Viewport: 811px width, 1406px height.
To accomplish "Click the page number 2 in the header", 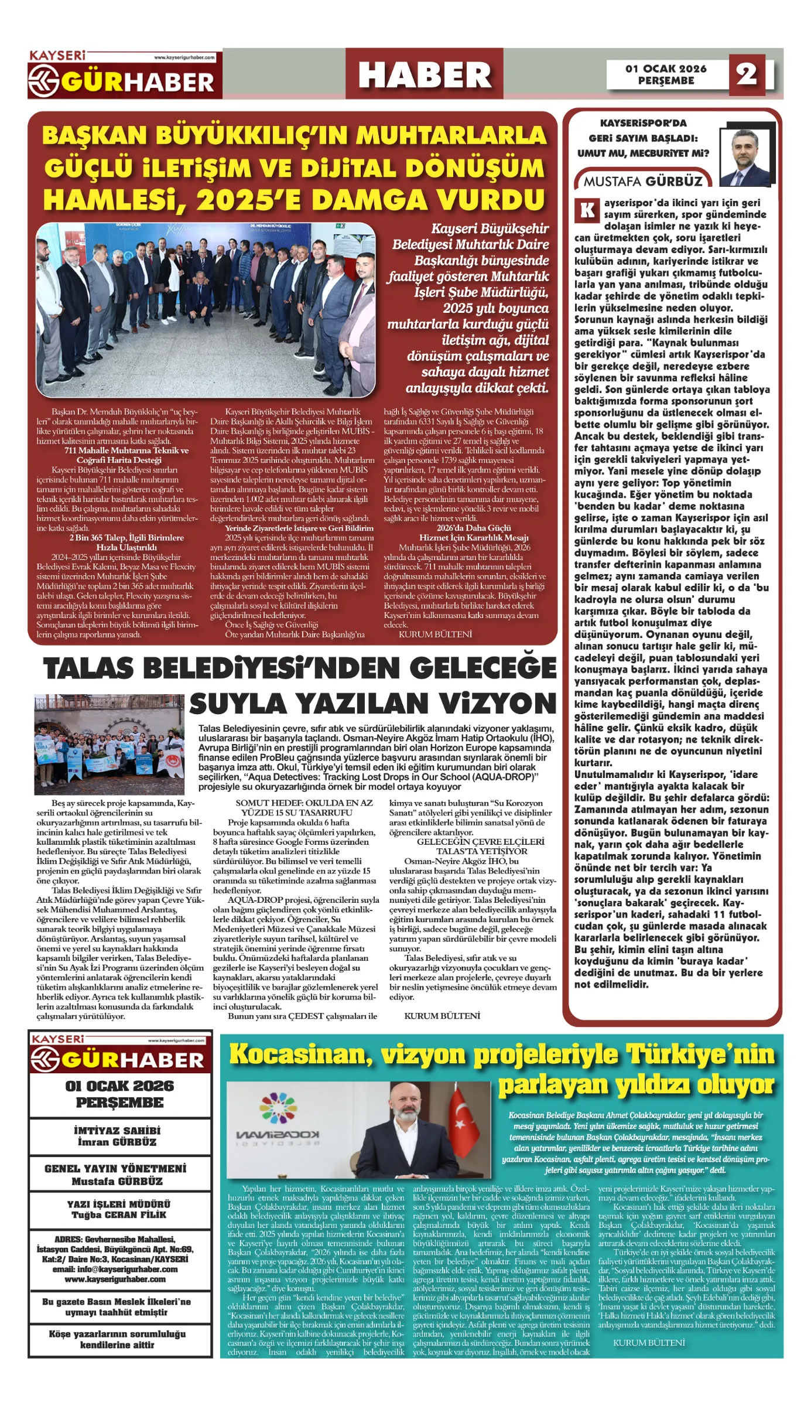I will click(746, 74).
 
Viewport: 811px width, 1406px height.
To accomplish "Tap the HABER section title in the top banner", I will click(425, 75).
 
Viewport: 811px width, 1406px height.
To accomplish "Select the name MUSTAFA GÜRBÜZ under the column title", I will click(642, 181).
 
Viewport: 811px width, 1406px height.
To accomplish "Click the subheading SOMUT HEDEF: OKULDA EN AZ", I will click(304, 803).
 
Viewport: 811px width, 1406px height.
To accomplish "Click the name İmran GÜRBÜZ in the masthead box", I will click(117, 1142).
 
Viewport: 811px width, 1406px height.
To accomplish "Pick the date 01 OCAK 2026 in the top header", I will click(666, 69).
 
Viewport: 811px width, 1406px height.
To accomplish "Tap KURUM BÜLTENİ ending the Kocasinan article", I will click(649, 1342).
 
